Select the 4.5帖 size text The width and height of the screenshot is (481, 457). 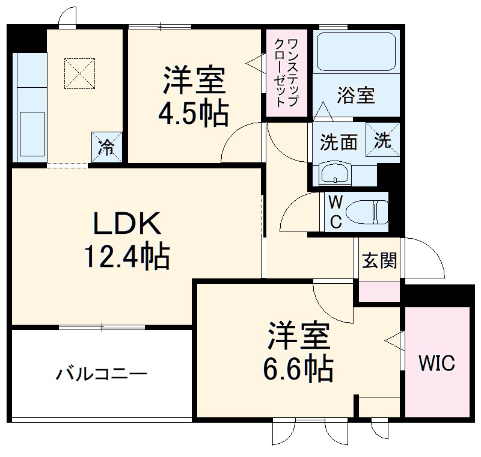click(x=193, y=112)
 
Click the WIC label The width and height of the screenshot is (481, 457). click(x=437, y=363)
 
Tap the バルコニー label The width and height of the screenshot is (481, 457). click(x=102, y=375)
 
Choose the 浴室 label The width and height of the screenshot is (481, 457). click(x=356, y=95)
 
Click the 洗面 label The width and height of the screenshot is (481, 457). click(x=339, y=142)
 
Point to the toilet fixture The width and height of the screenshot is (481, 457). click(x=367, y=212)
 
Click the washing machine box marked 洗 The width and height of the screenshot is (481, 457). click(x=384, y=140)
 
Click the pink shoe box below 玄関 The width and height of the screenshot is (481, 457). click(x=379, y=290)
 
